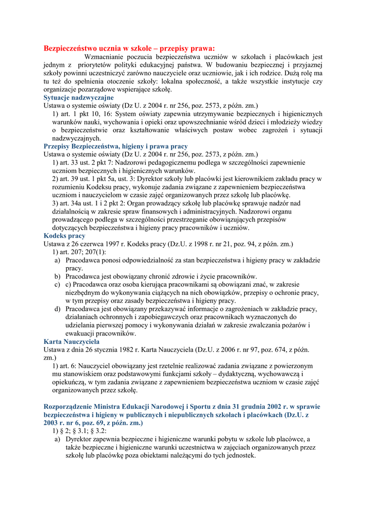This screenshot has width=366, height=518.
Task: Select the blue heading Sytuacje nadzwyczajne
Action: pos(78,98)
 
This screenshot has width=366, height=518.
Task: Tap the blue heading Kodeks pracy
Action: pos(64,236)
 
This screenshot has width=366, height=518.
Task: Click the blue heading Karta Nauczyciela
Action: pos(71,342)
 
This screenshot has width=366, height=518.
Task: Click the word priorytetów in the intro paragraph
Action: pos(97,65)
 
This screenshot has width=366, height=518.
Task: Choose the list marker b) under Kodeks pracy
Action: pos(58,277)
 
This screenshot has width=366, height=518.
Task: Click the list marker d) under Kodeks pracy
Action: pos(58,309)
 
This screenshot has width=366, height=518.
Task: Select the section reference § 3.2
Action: pos(96,431)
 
